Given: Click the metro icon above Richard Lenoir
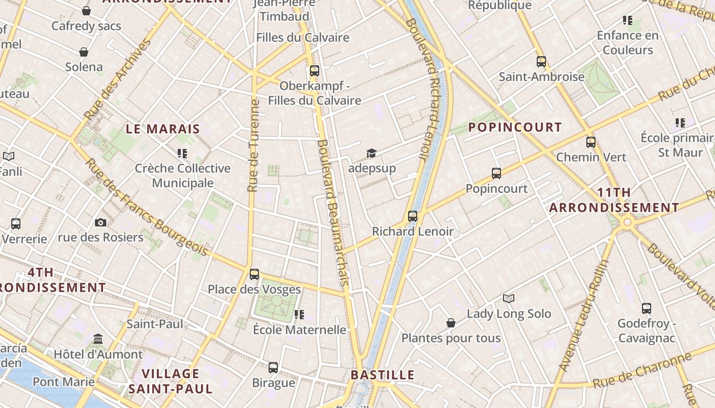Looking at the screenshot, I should click(413, 216).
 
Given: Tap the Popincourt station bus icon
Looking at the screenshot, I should click(496, 173).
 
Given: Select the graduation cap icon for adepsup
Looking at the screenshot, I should click(371, 153).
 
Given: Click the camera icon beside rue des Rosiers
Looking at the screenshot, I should click(101, 222).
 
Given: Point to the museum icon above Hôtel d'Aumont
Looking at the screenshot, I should click(98, 339).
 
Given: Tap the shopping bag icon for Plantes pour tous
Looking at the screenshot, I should click(450, 323).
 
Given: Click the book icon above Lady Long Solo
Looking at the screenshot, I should click(509, 298).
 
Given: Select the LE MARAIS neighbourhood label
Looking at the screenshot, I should click(162, 129).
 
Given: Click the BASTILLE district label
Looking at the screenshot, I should click(383, 375).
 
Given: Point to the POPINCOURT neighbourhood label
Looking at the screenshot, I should click(515, 127).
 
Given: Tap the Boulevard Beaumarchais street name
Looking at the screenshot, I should click(333, 212).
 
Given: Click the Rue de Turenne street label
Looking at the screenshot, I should click(253, 145).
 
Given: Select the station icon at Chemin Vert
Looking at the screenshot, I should click(591, 142).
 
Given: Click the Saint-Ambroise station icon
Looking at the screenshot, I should click(541, 62).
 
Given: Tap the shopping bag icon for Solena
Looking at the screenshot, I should click(84, 52).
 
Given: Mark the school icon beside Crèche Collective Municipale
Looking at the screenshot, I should click(182, 153).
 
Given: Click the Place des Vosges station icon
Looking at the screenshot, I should click(254, 274).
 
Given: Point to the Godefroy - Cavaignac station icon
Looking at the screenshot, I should click(647, 309).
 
